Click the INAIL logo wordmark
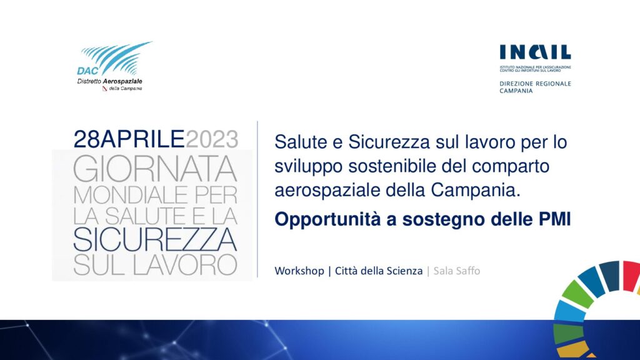535,52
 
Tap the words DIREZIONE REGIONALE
535,84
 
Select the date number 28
86,139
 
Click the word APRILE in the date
142,139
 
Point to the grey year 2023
212,139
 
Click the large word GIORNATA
155,169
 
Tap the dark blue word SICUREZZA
155,239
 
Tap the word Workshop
299,271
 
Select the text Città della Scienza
379,271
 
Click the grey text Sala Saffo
457,271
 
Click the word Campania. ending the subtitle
476,190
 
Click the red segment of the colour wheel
631,276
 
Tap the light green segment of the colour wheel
577,294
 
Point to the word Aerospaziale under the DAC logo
122,81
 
